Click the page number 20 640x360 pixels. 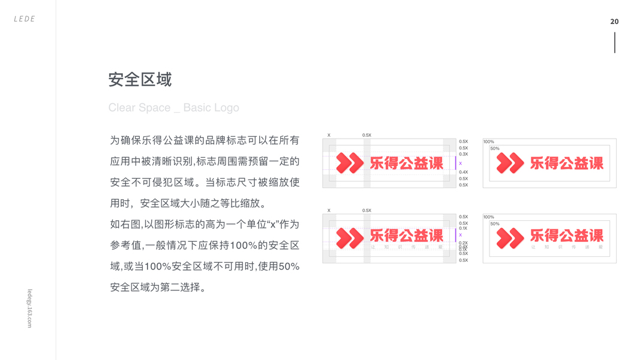tap(614, 22)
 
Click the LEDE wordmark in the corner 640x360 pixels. tap(25, 19)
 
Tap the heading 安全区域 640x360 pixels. tap(140, 79)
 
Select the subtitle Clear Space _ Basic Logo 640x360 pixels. tap(173, 108)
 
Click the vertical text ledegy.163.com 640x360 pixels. tap(29, 308)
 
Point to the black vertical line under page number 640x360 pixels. tap(615, 43)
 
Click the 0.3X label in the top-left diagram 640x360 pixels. tap(463, 154)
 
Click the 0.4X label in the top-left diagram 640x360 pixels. tap(463, 172)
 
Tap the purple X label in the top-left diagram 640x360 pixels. tap(461, 163)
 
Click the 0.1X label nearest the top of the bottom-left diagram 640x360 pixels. tap(463, 229)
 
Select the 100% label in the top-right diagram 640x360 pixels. tap(489, 142)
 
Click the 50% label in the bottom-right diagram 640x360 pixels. tap(495, 224)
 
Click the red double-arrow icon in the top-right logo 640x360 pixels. tap(510, 163)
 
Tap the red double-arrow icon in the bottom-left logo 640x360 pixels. tap(350, 238)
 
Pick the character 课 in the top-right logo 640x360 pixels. tap(594, 163)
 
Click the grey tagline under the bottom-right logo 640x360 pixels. tap(567, 247)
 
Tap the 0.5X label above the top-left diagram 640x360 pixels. tap(366, 136)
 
